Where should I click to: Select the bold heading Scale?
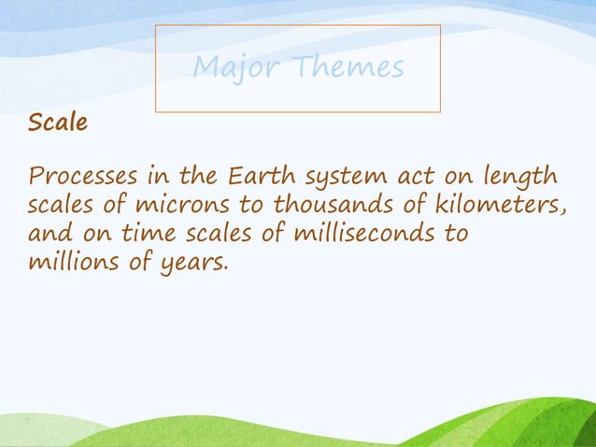(x=57, y=123)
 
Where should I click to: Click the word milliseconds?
(x=364, y=233)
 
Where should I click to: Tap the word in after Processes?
(x=155, y=175)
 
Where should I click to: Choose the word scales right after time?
(x=214, y=233)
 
